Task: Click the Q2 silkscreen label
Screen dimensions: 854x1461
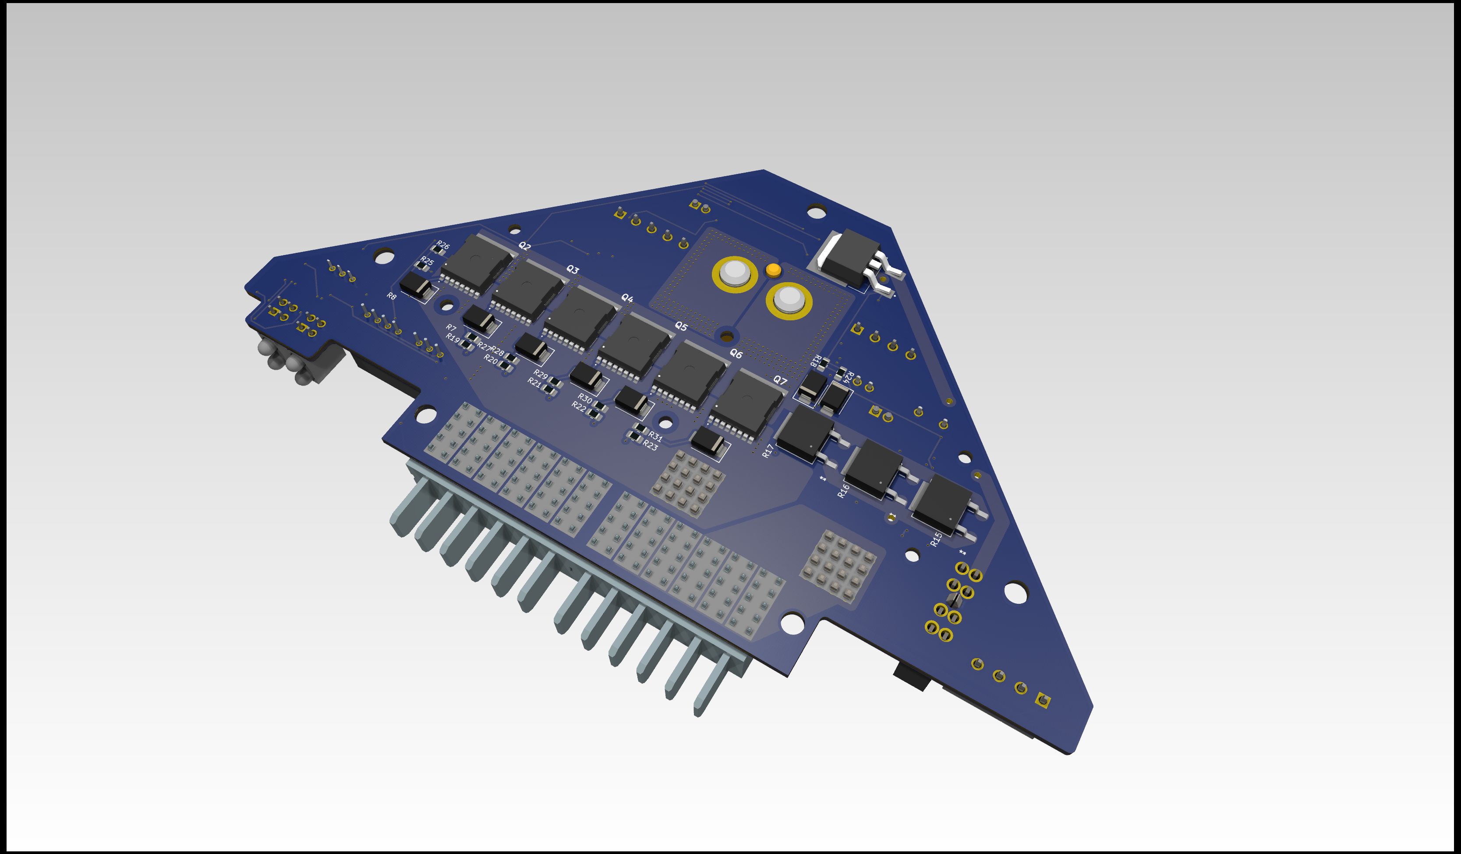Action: pos(525,246)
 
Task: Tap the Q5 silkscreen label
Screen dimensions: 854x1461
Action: pos(681,326)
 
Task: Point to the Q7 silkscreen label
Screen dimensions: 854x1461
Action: pos(780,380)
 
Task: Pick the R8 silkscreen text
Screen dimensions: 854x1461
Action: pos(392,296)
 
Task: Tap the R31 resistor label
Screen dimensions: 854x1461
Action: pos(655,436)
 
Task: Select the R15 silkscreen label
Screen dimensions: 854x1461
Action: pos(935,539)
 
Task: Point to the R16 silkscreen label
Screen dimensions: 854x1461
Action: pos(844,490)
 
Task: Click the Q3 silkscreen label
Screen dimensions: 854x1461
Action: pos(573,269)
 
